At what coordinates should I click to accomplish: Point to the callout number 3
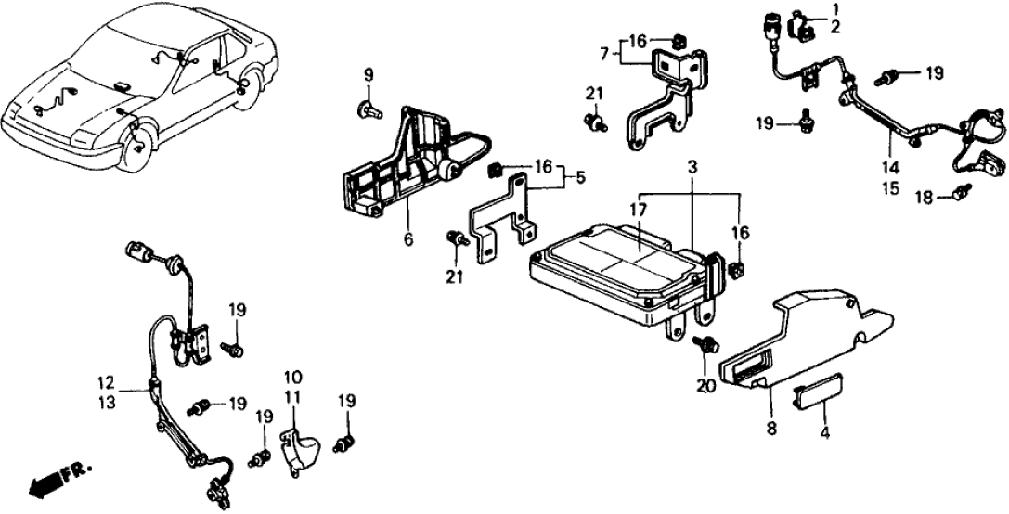692,167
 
